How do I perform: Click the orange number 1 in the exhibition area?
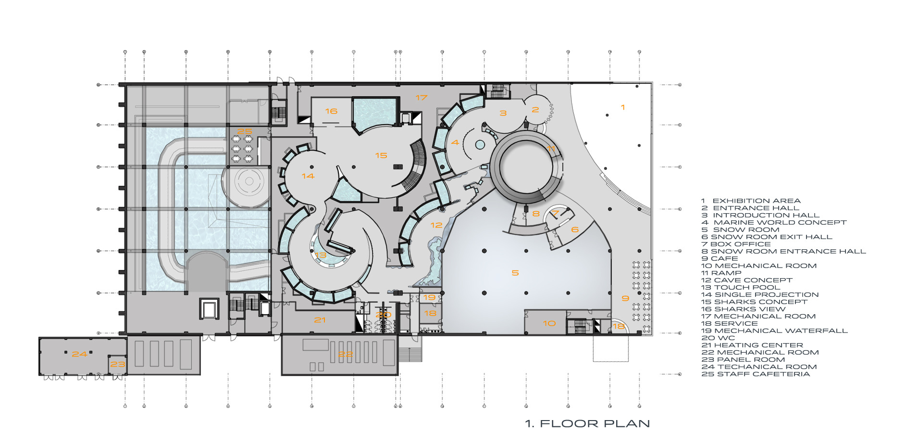(623, 107)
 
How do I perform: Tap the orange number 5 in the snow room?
(515, 273)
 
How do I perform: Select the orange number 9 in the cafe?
(625, 298)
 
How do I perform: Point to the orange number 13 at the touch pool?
(321, 256)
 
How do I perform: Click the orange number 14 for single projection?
(308, 176)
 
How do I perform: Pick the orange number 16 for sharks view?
(331, 111)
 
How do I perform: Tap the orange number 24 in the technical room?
(79, 354)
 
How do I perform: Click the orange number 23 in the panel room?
(118, 364)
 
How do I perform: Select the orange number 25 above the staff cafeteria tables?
(245, 131)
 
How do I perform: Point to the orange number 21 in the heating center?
(320, 320)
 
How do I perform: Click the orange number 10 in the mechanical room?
(549, 323)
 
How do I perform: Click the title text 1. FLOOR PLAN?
(587, 423)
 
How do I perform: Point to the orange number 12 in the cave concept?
(436, 225)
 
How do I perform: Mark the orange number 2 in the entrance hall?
(535, 110)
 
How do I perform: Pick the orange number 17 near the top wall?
(422, 98)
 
